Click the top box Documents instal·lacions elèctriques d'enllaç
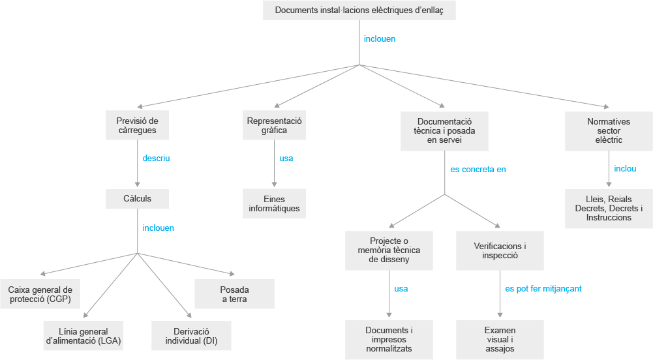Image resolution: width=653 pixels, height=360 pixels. tap(359, 10)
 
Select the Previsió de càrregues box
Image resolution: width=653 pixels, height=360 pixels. tap(137, 125)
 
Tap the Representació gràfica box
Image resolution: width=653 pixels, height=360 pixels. tap(274, 125)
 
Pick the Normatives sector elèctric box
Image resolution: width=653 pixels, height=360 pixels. tap(609, 131)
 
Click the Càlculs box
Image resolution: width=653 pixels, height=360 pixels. tap(137, 199)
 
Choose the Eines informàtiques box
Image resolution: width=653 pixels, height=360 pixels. tap(274, 204)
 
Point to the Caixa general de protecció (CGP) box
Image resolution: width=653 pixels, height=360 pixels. tap(40, 294)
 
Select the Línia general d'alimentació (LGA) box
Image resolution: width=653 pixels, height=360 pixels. tap(84, 335)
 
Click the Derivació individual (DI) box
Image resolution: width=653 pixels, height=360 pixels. tap(191, 335)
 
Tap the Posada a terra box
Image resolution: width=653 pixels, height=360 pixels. tap(234, 294)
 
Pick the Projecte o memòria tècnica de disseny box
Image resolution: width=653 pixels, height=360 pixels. tap(389, 250)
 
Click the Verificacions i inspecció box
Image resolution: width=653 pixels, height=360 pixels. tap(500, 250)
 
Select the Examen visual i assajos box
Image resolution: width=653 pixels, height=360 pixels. tap(500, 340)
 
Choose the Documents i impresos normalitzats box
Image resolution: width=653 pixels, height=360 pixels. tap(389, 340)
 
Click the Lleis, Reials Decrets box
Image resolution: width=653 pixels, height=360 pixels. tap(609, 209)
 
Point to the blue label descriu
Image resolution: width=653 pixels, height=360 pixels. tap(156, 158)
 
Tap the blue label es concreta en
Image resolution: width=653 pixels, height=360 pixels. tap(478, 170)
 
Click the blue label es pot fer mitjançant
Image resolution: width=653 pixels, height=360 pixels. tap(543, 289)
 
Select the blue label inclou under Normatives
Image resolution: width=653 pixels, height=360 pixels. tap(625, 168)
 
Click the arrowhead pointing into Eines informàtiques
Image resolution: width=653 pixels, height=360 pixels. tap(274, 185)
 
